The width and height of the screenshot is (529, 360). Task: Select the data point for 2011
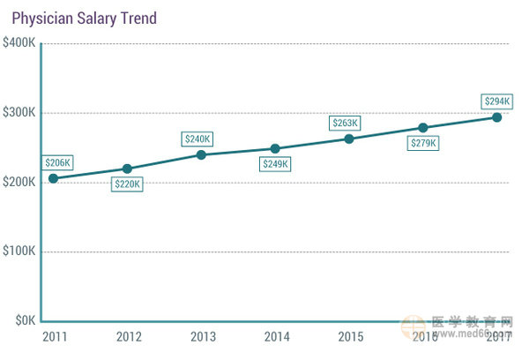click(53, 178)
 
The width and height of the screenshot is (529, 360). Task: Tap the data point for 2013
click(201, 154)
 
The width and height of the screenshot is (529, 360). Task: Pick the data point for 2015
click(349, 139)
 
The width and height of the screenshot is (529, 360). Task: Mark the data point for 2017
click(496, 116)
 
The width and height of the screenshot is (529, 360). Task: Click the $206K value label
click(57, 162)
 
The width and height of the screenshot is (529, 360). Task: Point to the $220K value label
click(127, 184)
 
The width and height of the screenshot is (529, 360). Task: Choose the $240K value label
click(197, 139)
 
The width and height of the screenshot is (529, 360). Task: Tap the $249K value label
click(275, 164)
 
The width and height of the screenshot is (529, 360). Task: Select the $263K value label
click(345, 124)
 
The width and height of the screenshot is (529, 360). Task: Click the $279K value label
click(423, 143)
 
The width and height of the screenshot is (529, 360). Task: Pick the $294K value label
click(496, 101)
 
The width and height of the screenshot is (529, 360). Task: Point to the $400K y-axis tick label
click(19, 43)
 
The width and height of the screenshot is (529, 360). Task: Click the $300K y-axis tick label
click(19, 113)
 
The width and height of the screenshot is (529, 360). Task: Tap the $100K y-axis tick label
click(19, 251)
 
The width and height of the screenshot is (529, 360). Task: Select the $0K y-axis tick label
click(23, 320)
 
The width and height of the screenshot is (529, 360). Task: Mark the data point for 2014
click(275, 148)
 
